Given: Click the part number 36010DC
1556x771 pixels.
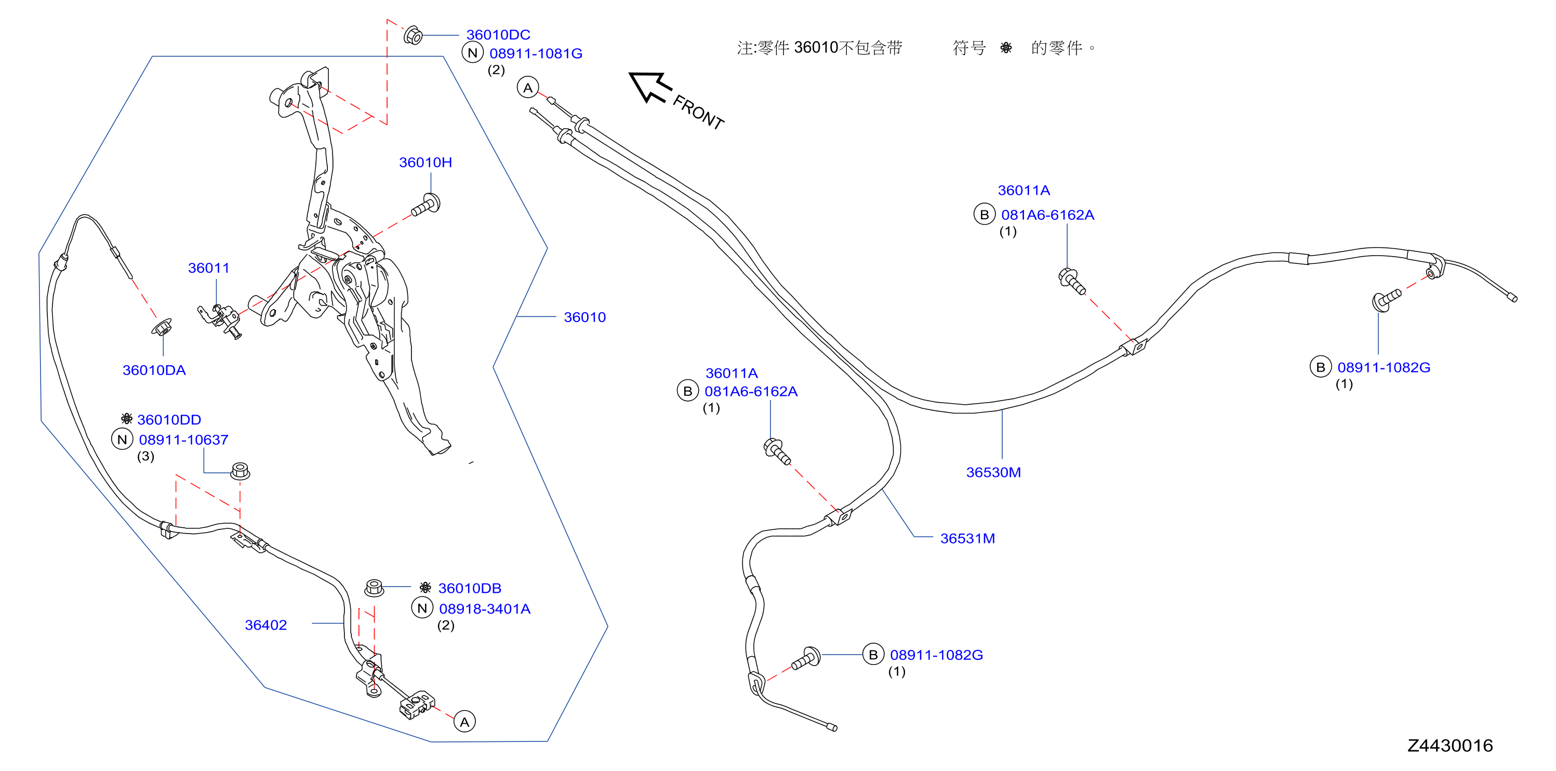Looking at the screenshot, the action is (498, 34).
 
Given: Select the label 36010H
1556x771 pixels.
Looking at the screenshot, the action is (425, 162).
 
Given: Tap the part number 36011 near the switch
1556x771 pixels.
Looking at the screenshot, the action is (208, 268).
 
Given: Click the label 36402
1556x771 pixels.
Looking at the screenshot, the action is (266, 625).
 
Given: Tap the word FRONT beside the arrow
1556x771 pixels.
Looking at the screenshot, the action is (698, 112).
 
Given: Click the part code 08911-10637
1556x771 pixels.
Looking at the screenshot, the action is (183, 440).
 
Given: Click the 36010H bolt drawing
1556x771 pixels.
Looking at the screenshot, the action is (426, 205).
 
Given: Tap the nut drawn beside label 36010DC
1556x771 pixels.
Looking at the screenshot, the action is (413, 35).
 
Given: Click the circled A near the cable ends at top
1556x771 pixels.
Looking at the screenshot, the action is (528, 88).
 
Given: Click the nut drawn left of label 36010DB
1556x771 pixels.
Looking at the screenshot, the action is (375, 587).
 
